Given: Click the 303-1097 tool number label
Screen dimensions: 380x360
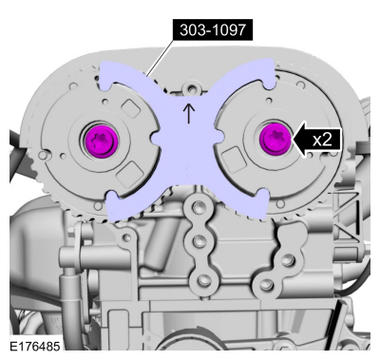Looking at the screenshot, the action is (213, 30).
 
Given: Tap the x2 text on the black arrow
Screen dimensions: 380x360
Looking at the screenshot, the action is (322, 140).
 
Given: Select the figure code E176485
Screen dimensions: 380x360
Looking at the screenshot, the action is (35, 346).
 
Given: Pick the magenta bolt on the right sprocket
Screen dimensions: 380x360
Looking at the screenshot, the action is (275, 140).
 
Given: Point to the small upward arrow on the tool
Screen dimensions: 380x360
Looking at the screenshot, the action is (189, 113).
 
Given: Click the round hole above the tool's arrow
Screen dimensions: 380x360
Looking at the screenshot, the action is (191, 88).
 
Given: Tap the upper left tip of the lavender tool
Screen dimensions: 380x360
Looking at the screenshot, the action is (103, 65).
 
